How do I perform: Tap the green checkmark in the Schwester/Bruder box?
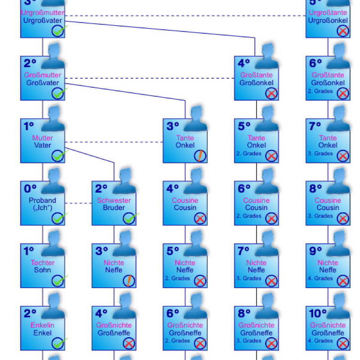(130, 219)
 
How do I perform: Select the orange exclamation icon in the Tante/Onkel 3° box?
(200, 156)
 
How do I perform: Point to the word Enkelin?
(42, 325)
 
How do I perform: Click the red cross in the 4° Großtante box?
(271, 94)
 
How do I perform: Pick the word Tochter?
(42, 263)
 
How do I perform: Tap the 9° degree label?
(315, 251)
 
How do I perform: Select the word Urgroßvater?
(42, 20)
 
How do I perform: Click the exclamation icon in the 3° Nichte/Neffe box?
(129, 281)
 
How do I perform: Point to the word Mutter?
(42, 138)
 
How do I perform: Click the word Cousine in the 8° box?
(328, 200)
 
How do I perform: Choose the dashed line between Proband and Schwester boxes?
(78, 203)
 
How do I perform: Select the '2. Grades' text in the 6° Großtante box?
(320, 91)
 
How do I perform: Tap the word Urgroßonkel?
(328, 20)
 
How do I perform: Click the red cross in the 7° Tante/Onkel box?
(343, 156)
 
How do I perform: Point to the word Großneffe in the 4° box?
(114, 333)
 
